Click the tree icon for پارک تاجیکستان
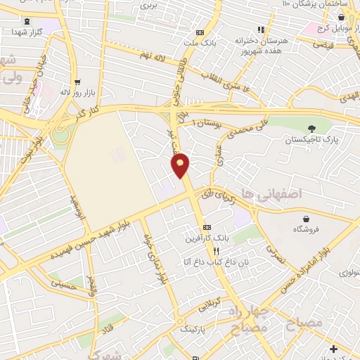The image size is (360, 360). (x=311, y=127)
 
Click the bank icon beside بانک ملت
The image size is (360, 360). (x=200, y=32)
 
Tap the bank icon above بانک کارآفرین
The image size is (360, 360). (x=207, y=227)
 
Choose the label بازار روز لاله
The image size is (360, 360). (x=77, y=92)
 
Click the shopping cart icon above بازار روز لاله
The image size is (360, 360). (x=77, y=81)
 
